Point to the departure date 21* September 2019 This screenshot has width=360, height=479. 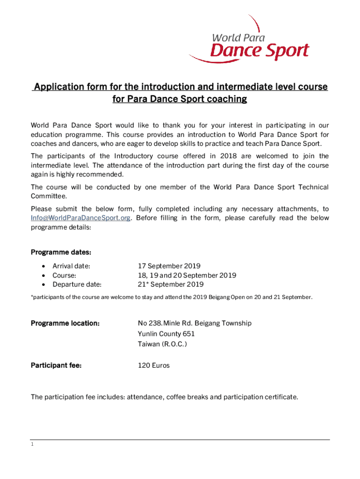pyautogui.click(x=171, y=284)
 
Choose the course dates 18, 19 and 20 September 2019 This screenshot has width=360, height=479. pyautogui.click(x=187, y=275)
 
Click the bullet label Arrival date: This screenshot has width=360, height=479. pyautogui.click(x=71, y=266)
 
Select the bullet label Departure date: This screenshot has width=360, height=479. pyautogui.click(x=77, y=284)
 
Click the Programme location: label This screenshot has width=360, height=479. pyautogui.click(x=65, y=323)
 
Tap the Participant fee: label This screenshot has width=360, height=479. pyautogui.click(x=56, y=365)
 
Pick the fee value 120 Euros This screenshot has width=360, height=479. pyautogui.click(x=153, y=365)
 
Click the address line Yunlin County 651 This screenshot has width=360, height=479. pyautogui.click(x=166, y=334)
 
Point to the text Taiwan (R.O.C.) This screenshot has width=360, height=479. pyautogui.click(x=162, y=344)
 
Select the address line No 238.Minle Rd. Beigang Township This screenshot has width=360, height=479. pyautogui.click(x=194, y=323)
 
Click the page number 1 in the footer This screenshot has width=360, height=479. pyautogui.click(x=32, y=444)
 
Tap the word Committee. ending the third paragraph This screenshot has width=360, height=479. pyautogui.click(x=49, y=196)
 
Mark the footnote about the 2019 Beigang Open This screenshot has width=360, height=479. pyautogui.click(x=172, y=297)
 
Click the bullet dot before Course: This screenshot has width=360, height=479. pyautogui.click(x=43, y=276)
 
